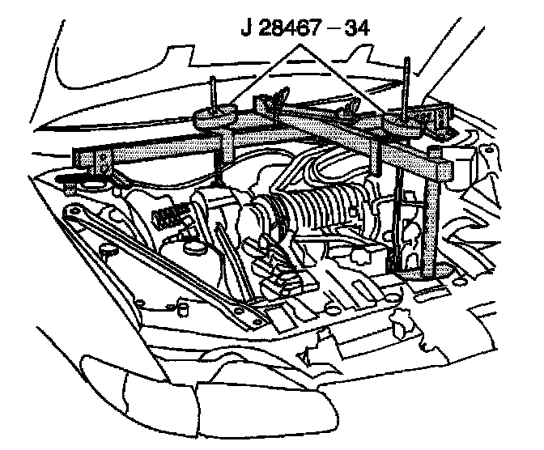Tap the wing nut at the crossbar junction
pos(275,98)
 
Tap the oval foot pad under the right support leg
pos(421,276)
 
